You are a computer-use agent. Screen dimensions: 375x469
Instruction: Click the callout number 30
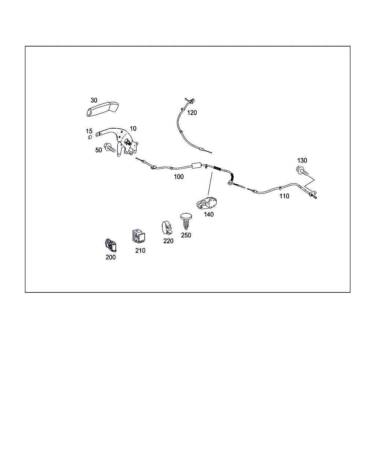coord(94,100)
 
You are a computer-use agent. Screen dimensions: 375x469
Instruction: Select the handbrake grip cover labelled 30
coord(103,109)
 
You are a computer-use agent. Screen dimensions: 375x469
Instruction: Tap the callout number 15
coord(89,131)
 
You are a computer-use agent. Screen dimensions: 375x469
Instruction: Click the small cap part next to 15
coord(90,137)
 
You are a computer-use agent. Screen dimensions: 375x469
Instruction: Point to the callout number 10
coord(133,129)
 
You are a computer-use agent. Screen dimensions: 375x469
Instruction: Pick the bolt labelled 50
coord(109,148)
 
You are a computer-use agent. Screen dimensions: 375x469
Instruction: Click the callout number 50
coord(99,150)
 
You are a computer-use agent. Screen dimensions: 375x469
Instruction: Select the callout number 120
coord(192,113)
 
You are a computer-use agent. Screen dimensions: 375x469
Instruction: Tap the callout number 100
coord(179,177)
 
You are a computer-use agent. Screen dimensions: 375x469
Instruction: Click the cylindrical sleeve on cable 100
coord(196,165)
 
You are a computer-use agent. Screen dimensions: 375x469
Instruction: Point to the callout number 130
coord(302,160)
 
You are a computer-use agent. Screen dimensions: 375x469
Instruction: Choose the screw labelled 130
coord(302,171)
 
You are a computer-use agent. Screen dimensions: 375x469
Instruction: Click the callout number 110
coord(284,196)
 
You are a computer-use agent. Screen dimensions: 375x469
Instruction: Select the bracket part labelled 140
coord(207,203)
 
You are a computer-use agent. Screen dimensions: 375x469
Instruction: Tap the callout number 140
coord(208,214)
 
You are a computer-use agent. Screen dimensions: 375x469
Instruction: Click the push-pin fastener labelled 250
coord(186,221)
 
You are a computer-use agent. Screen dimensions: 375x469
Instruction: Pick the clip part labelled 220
coord(167,228)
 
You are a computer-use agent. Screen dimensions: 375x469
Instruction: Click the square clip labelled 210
coord(138,236)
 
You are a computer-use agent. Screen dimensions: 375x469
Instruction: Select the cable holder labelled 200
coord(111,245)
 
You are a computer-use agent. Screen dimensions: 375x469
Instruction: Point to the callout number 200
coord(111,257)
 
